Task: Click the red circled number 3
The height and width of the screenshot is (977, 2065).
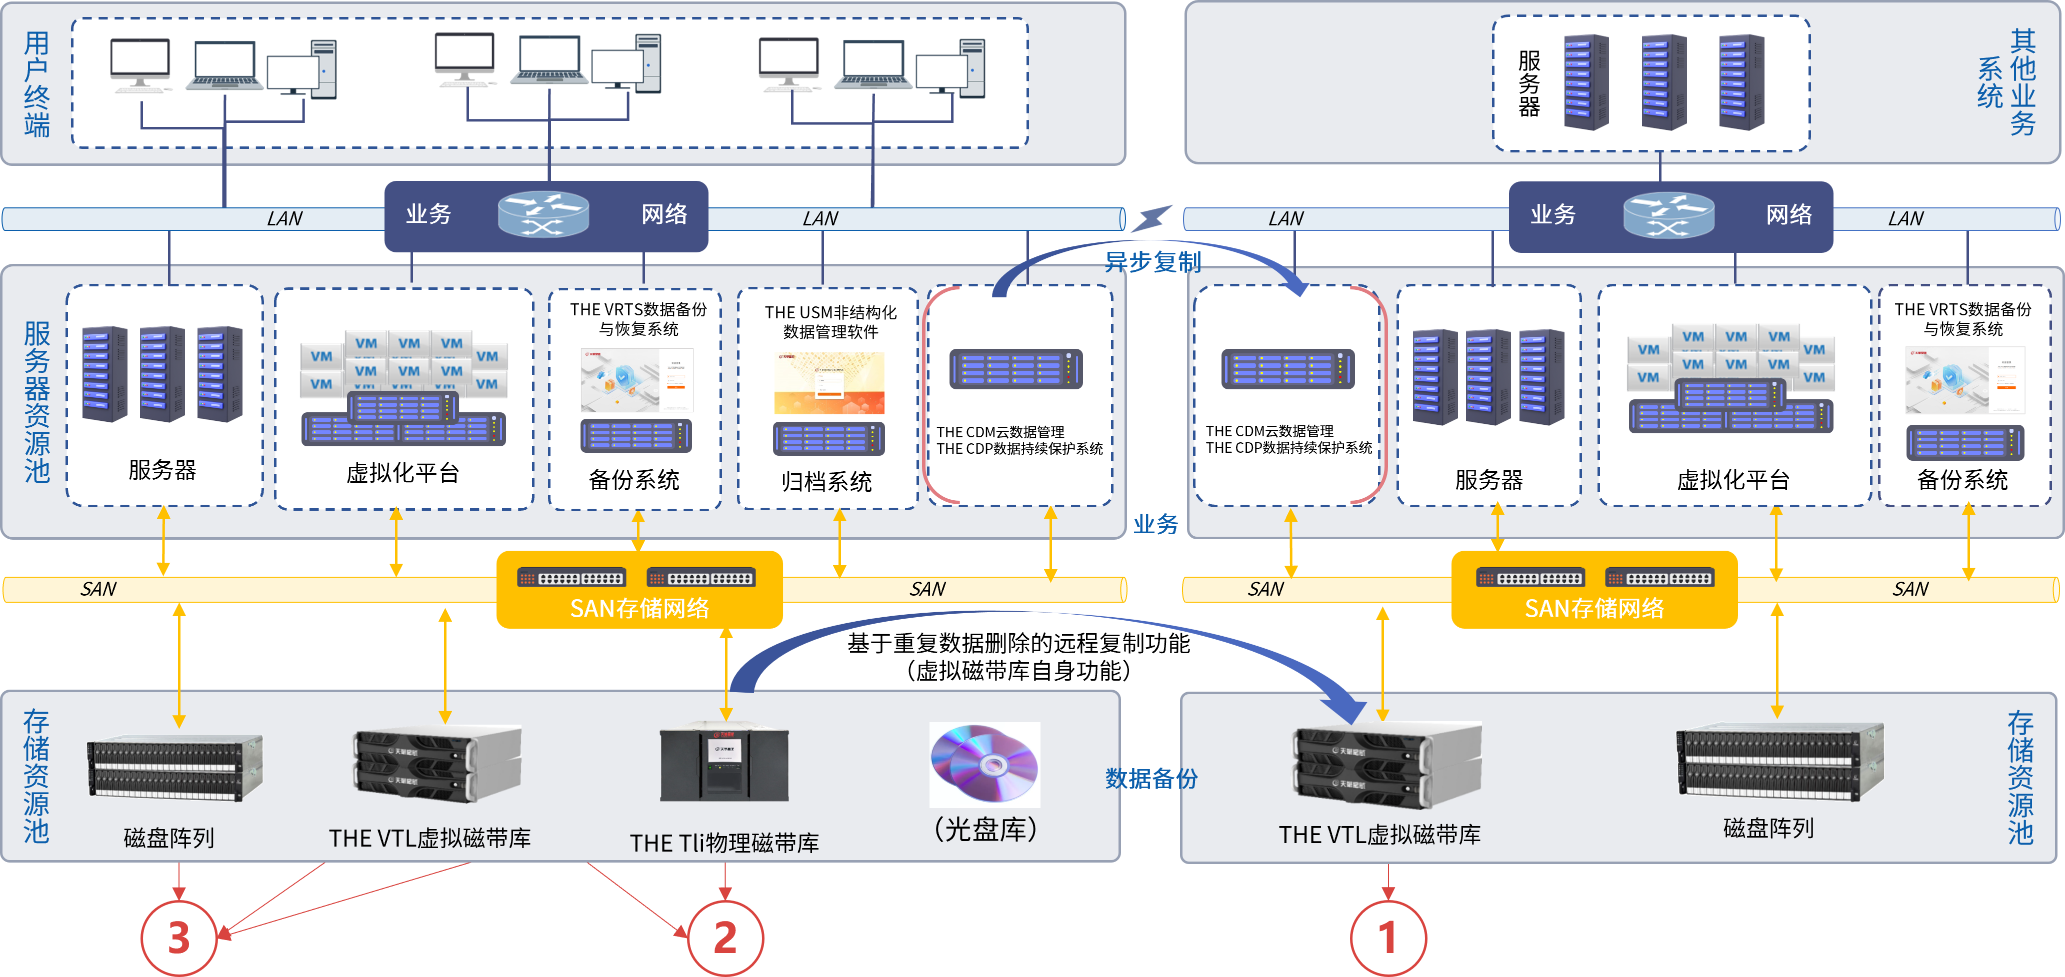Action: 179,937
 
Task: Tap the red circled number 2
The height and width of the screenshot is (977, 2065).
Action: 725,937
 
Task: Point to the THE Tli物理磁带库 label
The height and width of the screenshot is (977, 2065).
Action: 724,843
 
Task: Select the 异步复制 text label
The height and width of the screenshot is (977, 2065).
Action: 1152,261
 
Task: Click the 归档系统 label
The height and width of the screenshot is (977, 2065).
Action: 826,482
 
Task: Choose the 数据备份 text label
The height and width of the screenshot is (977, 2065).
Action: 1151,778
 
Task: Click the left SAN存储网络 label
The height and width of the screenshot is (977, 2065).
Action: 639,608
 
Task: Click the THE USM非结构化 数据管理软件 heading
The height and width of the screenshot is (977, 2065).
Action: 830,321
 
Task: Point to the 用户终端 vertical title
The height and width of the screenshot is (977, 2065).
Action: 37,83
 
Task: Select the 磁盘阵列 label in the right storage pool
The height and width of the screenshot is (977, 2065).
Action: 1767,828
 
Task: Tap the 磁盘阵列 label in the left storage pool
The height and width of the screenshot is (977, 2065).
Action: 168,838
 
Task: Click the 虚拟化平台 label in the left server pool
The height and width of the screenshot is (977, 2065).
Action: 402,473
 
